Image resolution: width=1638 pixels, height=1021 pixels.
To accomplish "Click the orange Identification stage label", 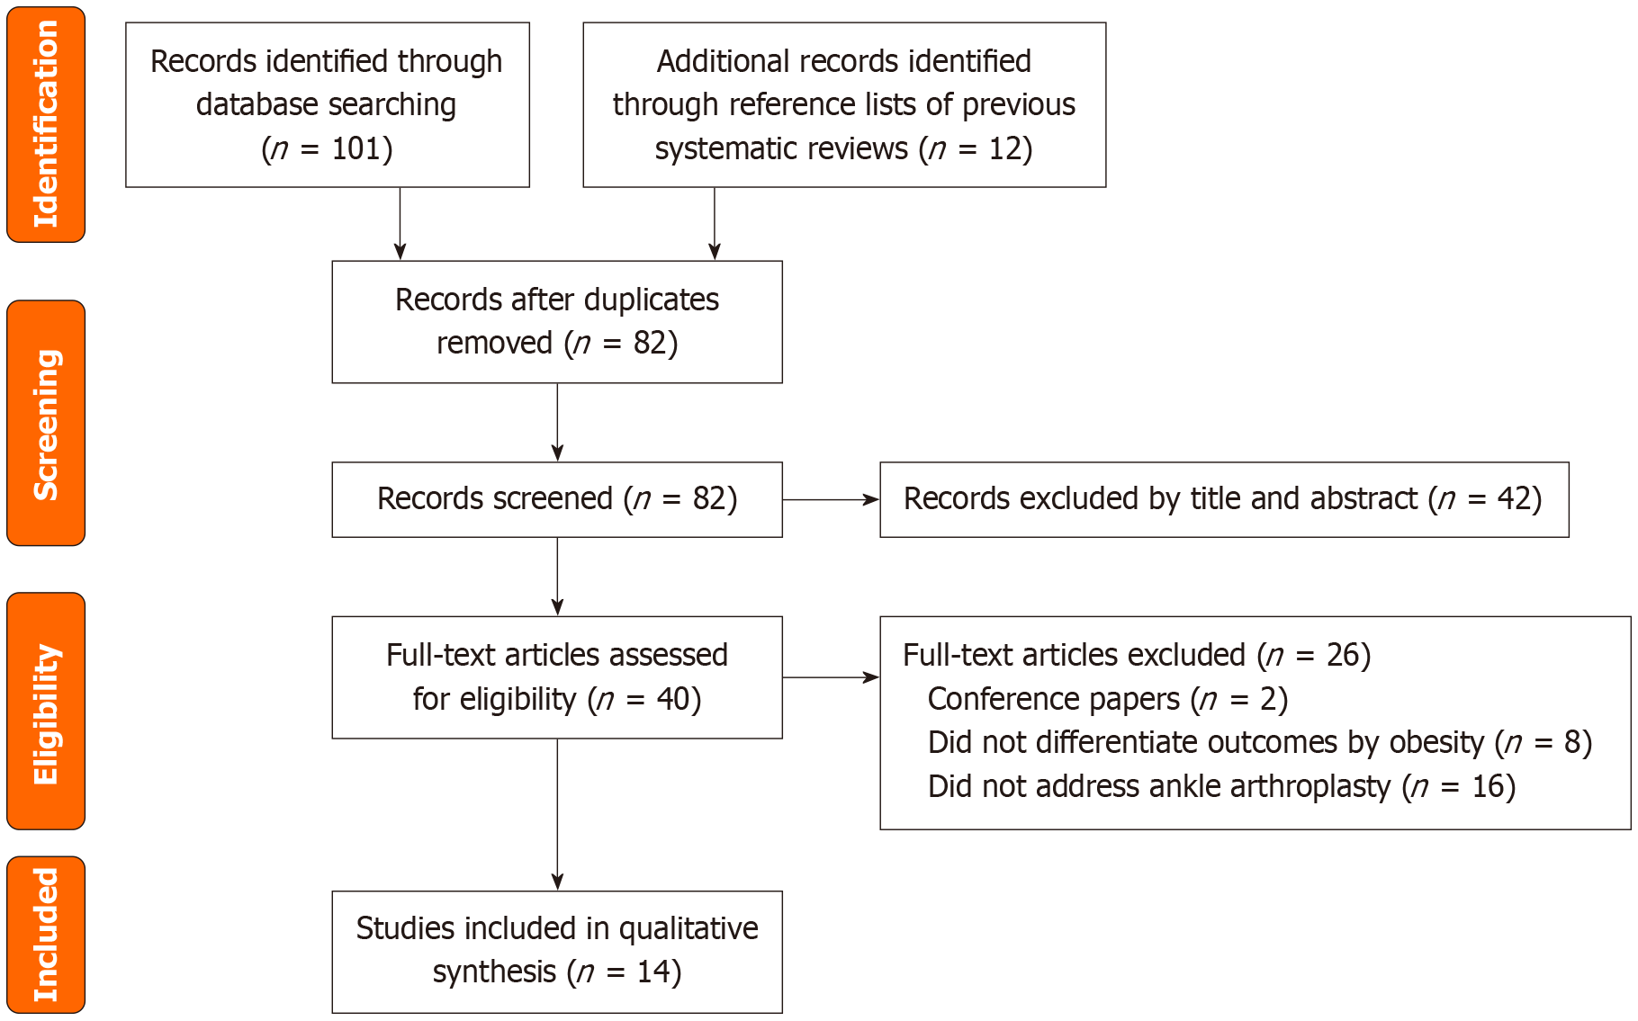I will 46,124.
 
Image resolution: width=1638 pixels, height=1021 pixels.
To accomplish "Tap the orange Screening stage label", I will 46,423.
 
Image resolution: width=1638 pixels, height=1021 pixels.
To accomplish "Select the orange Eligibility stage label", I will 46,711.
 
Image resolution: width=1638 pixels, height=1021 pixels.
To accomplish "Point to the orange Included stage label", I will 46,934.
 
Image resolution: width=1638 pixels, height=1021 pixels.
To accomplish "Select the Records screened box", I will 556,499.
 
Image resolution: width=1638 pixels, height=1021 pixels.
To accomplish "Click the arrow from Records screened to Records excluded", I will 830,499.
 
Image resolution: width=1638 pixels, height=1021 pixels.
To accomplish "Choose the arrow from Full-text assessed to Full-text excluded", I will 830,677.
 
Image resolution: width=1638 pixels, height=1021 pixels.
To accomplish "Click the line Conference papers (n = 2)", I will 1107,699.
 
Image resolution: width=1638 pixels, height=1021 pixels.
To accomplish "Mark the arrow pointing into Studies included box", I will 557,814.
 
